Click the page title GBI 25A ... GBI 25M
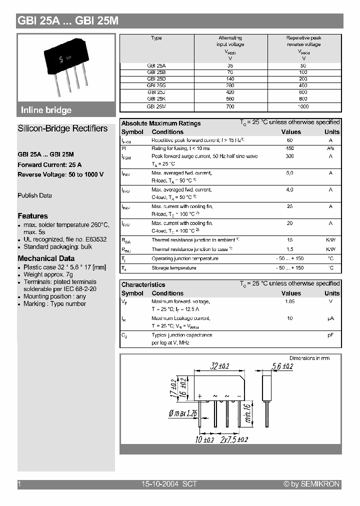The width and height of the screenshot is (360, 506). pos(68,21)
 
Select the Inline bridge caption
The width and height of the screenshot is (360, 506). pos(46,110)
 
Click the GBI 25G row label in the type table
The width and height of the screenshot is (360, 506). pos(156,85)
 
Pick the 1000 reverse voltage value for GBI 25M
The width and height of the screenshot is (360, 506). pos(303,106)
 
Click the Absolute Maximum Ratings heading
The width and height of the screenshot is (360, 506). pos(161,123)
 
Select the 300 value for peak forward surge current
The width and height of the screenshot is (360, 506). pos(290,156)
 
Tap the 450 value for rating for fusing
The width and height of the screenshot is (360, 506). pos(290,148)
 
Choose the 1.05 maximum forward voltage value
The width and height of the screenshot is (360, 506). pos(290,302)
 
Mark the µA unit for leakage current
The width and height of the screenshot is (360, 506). pos(330,318)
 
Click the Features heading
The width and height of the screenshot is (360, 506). pos(32,216)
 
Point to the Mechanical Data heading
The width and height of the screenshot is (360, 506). pos(46,258)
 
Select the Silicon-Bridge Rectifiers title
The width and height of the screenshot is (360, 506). pos(62,128)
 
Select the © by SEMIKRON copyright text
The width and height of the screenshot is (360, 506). pos(311,484)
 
